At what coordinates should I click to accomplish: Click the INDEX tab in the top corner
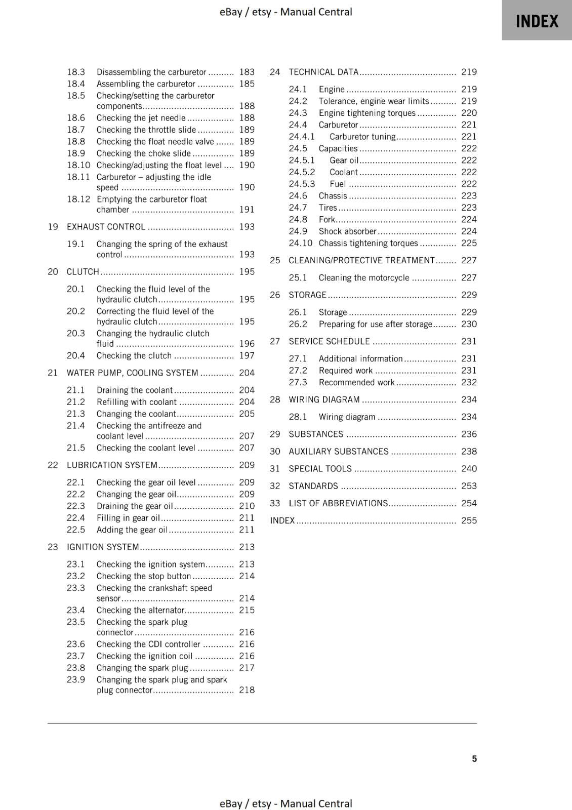point(537,21)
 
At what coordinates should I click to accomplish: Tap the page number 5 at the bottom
point(474,758)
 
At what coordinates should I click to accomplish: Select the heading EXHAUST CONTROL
point(106,227)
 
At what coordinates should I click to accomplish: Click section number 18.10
point(78,165)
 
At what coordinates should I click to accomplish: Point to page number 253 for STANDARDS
point(469,486)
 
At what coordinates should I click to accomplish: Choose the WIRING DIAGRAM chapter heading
point(324,399)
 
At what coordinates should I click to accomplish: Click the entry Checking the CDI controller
point(148,644)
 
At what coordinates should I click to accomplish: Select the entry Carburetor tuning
point(362,137)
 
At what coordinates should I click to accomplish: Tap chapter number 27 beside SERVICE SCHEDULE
point(275,341)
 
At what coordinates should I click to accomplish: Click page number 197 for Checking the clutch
point(247,355)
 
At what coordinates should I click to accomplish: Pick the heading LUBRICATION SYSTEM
point(112,465)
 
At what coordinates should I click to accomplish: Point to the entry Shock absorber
point(347,231)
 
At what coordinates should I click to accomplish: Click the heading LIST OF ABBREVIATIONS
point(338,503)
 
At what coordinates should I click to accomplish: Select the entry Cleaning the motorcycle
point(363,278)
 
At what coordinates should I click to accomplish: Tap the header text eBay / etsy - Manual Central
point(285,12)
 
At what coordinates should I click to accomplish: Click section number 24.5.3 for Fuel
point(302,184)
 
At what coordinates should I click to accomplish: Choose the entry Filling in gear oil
point(128,518)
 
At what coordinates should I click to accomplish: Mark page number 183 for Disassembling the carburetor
point(247,72)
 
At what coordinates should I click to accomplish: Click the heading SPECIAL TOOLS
point(320,469)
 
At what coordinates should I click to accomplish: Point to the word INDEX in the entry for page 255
point(282,520)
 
